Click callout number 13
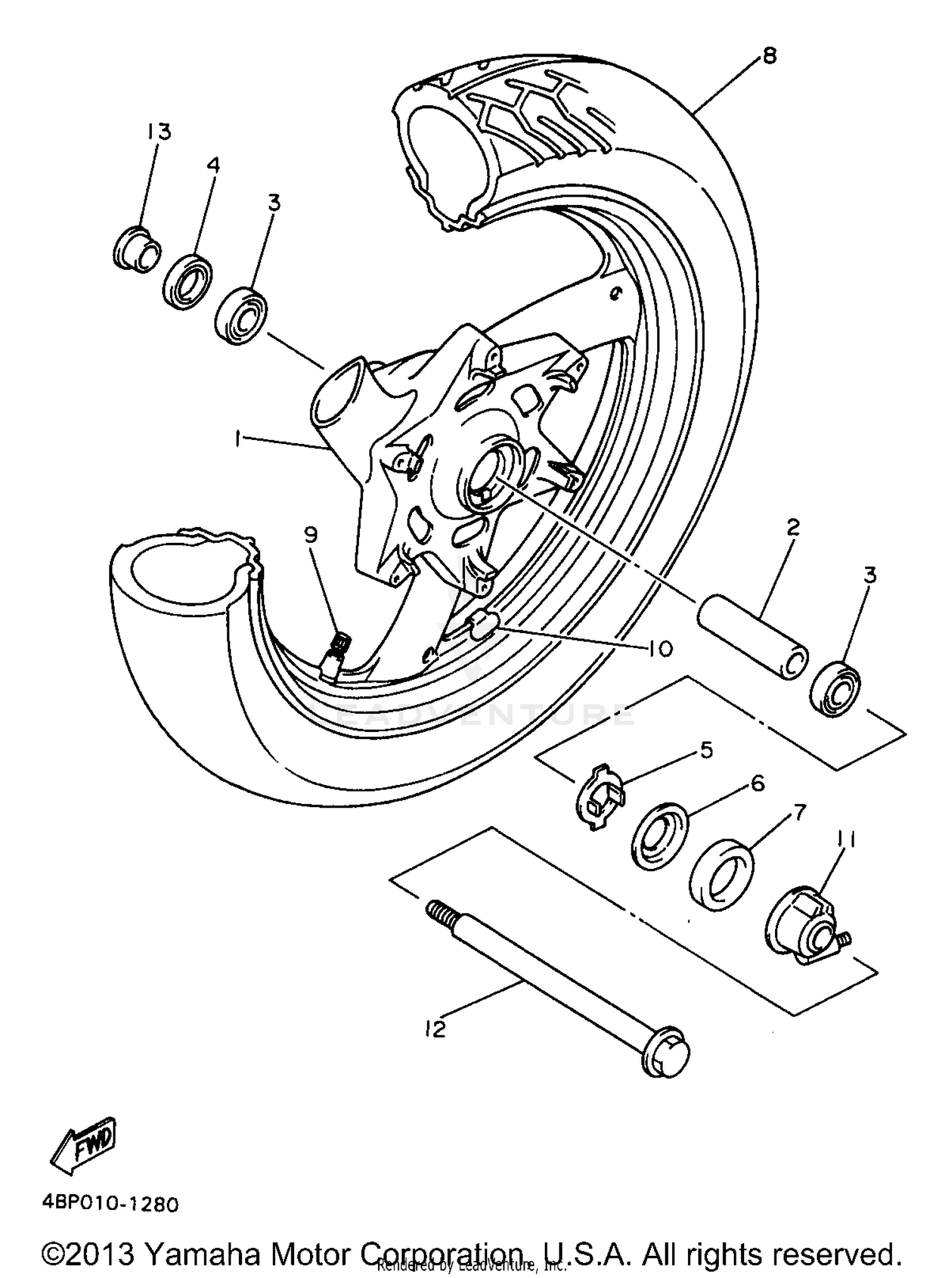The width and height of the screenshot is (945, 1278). tap(159, 132)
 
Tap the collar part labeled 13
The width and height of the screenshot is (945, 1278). tap(137, 249)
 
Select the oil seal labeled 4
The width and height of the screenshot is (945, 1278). tap(187, 281)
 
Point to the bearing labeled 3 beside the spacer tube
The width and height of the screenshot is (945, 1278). tap(835, 690)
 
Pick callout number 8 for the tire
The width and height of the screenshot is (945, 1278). tap(769, 55)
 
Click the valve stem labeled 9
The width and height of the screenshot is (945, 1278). tap(335, 657)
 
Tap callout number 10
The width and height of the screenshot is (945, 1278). tap(660, 648)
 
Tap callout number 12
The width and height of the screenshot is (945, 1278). tap(435, 1029)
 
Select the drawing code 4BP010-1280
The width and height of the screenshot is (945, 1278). tap(111, 1205)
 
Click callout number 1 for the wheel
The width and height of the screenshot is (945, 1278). tap(238, 439)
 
